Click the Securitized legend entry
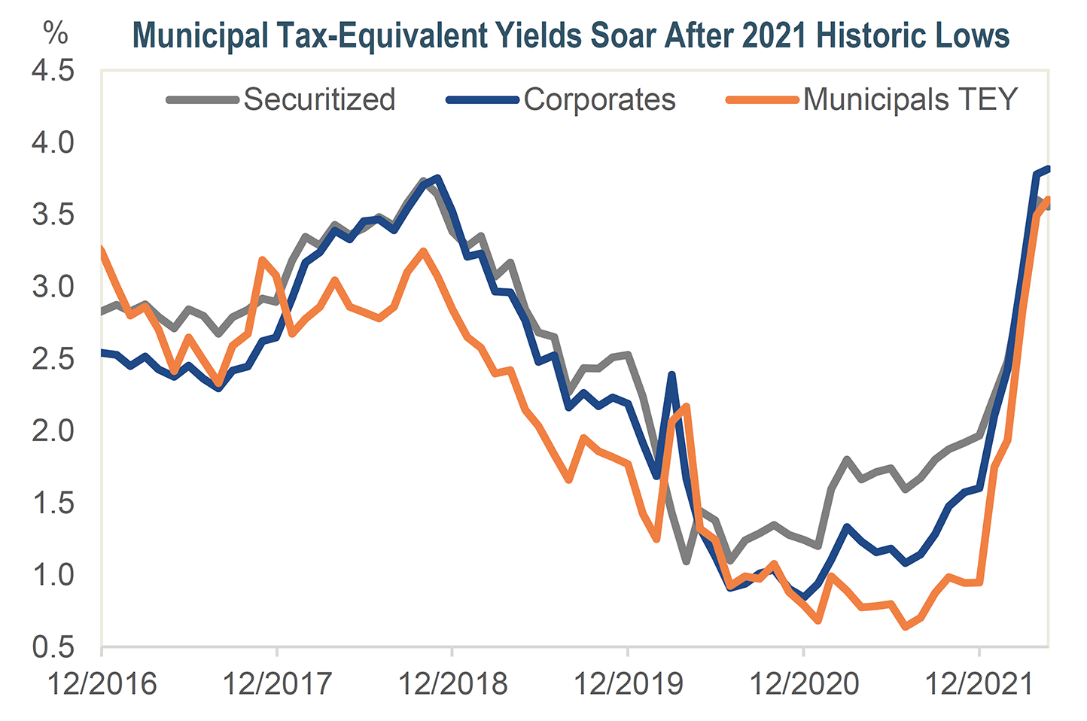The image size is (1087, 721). [x=319, y=99]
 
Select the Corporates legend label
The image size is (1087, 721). [x=599, y=99]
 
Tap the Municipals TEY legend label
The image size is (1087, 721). [x=910, y=99]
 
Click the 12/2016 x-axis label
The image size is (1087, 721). [x=102, y=683]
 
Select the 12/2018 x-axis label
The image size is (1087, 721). [x=453, y=683]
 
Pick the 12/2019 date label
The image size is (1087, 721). [x=629, y=683]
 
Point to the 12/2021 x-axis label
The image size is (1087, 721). [x=979, y=683]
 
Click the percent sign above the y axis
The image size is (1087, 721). [x=55, y=33]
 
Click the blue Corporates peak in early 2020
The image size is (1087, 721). [x=671, y=375]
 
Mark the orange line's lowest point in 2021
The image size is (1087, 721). [x=906, y=626]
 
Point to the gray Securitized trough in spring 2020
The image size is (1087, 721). [x=686, y=561]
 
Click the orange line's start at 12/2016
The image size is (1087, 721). [x=102, y=249]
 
